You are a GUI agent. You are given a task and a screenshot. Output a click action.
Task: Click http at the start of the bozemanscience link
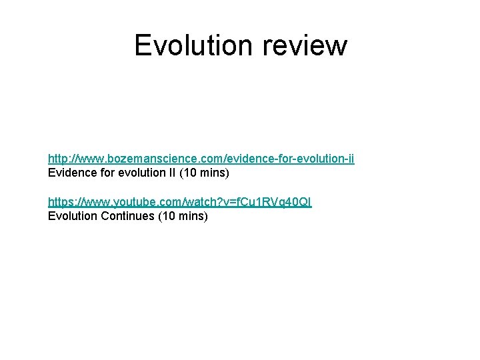(x=57, y=159)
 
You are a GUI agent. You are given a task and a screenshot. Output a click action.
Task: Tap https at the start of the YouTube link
(x=60, y=202)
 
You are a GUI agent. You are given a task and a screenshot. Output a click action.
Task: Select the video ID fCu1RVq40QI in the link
(x=269, y=202)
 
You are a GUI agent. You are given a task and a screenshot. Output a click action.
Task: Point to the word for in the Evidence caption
(x=103, y=173)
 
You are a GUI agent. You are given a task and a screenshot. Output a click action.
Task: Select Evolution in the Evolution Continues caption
(x=71, y=217)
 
